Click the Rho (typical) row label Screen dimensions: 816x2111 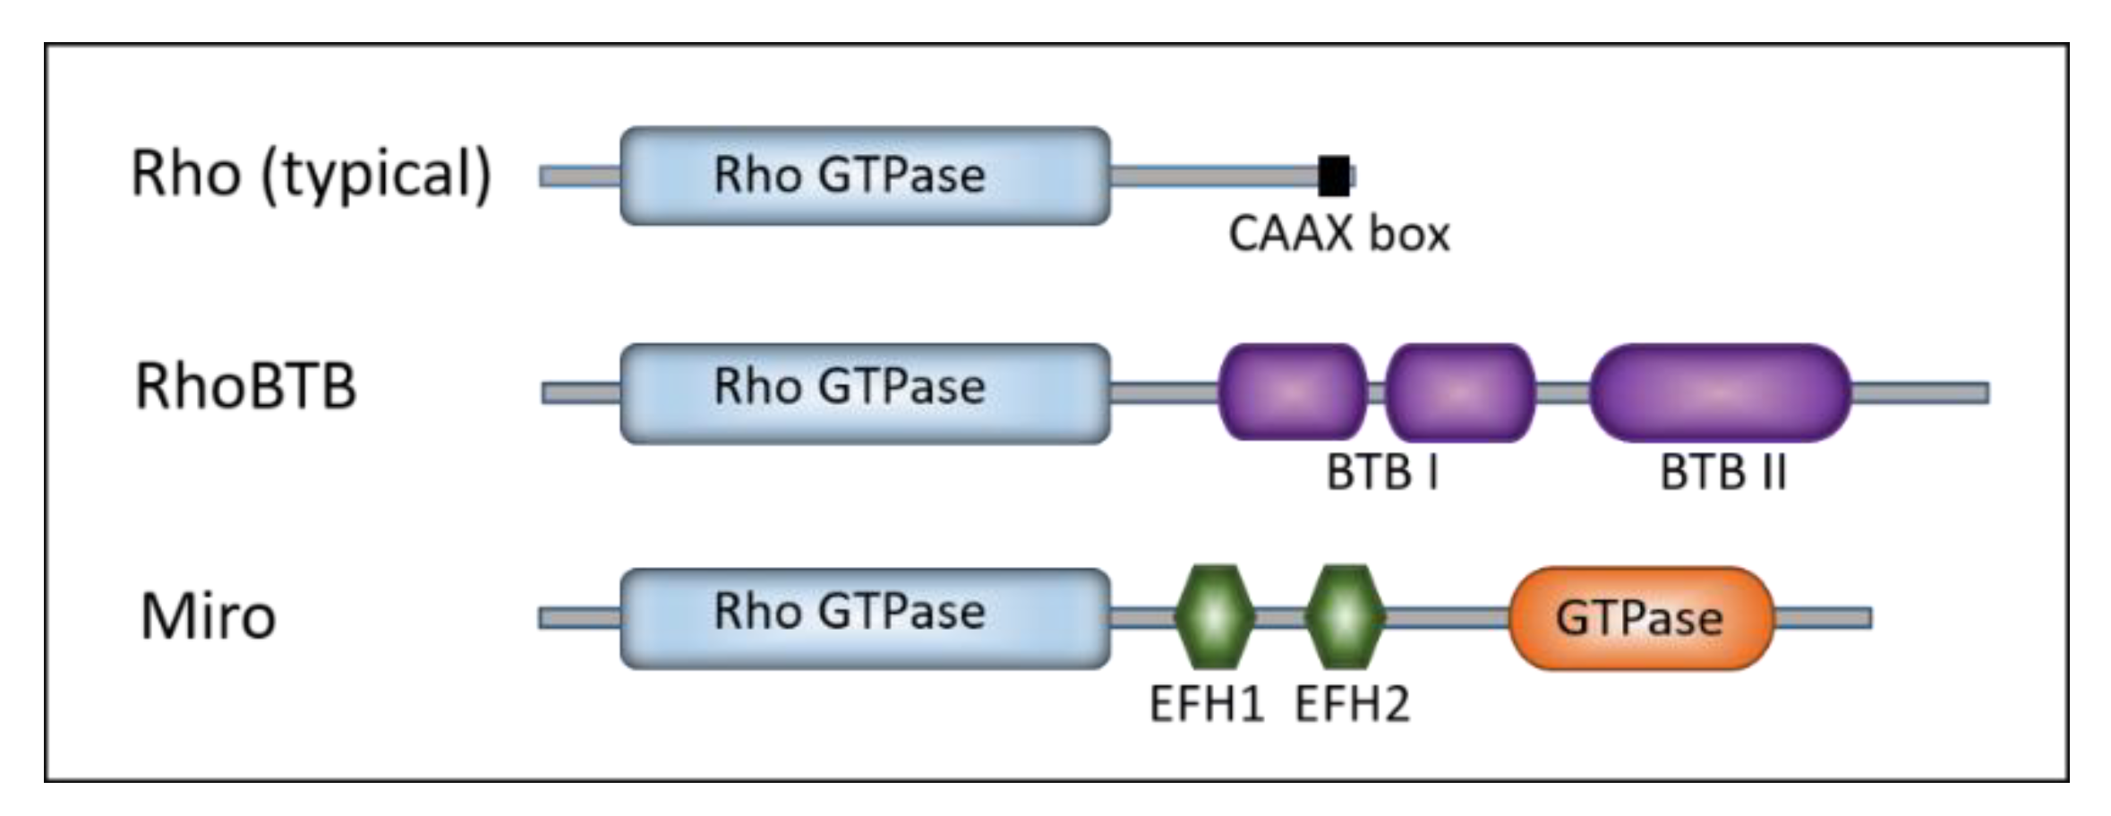coord(311,175)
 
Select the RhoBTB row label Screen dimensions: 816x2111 coord(245,388)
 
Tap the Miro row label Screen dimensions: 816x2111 coord(208,618)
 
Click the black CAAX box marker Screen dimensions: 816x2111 coord(1334,176)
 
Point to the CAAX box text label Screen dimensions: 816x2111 coord(1338,235)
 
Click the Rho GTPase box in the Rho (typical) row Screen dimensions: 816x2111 coord(865,176)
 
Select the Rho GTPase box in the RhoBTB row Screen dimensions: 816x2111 coord(865,392)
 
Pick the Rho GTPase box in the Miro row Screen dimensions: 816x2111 coord(865,617)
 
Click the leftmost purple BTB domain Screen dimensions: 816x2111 coord(1293,392)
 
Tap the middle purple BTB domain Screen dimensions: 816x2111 coord(1460,392)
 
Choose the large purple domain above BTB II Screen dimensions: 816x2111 coord(1720,392)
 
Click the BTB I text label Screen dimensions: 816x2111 coord(1382,472)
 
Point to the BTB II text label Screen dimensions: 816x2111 coord(1722,472)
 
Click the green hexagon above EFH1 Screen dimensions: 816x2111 coord(1213,617)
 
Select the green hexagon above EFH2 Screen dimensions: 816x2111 coord(1345,617)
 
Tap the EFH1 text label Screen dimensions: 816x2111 coord(1206,704)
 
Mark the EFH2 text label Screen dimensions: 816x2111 coord(1352,704)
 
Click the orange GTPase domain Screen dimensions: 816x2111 coord(1640,618)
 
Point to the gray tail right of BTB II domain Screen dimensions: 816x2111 coord(1920,392)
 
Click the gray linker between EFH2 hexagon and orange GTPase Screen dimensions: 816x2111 coord(1447,617)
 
